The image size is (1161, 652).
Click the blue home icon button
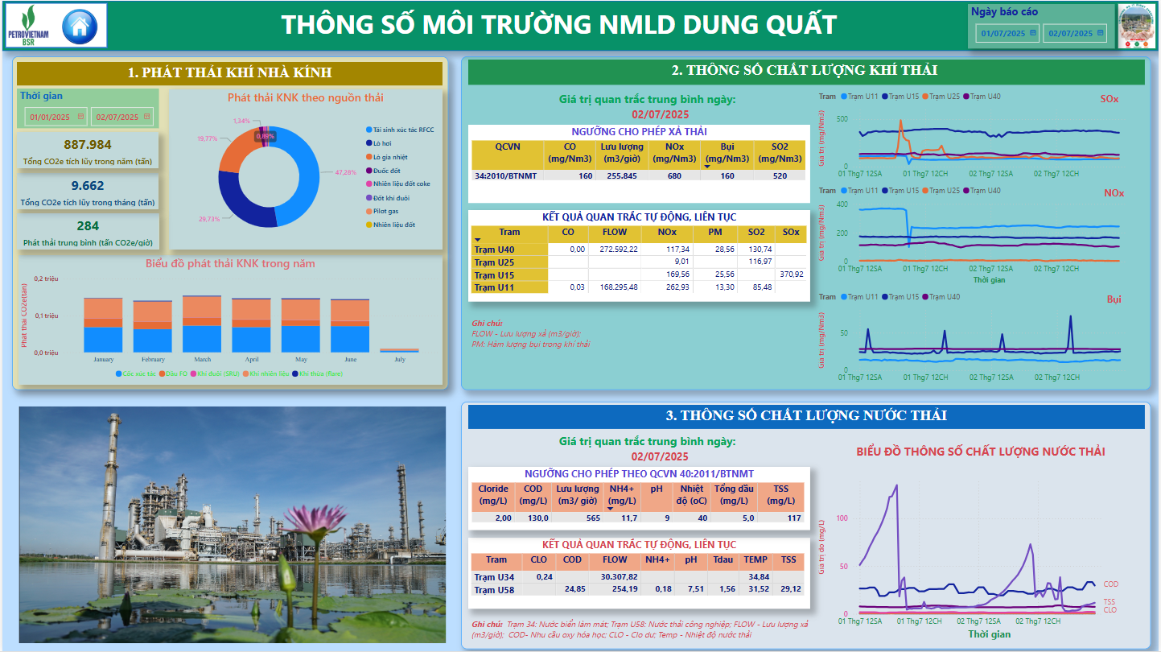pos(79,27)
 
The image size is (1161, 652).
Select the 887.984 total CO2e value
pos(88,145)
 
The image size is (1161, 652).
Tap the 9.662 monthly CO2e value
pos(88,186)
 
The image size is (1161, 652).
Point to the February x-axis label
pos(153,360)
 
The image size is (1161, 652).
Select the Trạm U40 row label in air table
pos(494,250)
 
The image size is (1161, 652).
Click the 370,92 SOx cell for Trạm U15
pos(791,274)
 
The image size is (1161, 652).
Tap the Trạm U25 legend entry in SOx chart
pos(944,97)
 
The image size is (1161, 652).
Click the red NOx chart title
pos(1114,193)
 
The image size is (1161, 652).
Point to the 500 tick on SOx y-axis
pos(842,119)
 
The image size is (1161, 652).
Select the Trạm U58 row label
pos(494,590)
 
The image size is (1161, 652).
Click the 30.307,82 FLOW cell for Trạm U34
pos(619,577)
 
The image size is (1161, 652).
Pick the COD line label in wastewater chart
pos(1110,584)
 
